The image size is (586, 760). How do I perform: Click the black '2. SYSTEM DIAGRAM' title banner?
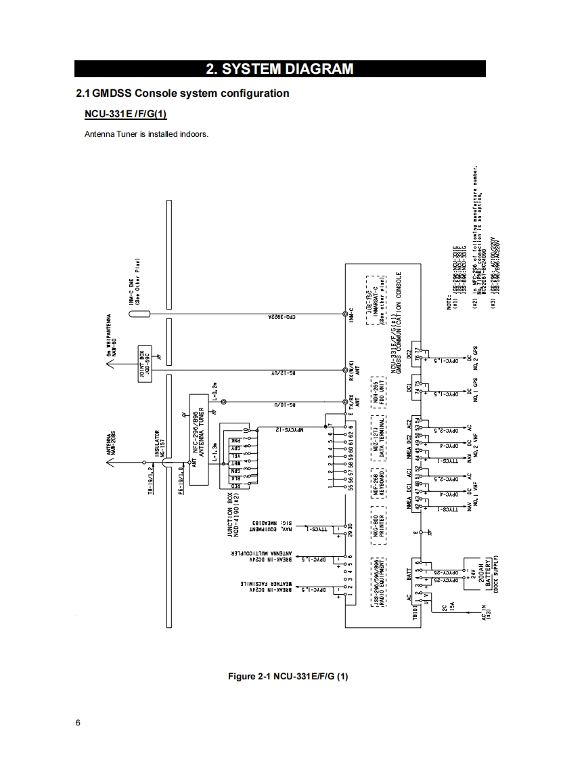279,68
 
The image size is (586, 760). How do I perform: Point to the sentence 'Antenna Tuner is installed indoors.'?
146,133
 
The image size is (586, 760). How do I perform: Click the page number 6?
78,723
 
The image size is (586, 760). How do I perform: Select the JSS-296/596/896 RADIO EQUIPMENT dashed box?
380,583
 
